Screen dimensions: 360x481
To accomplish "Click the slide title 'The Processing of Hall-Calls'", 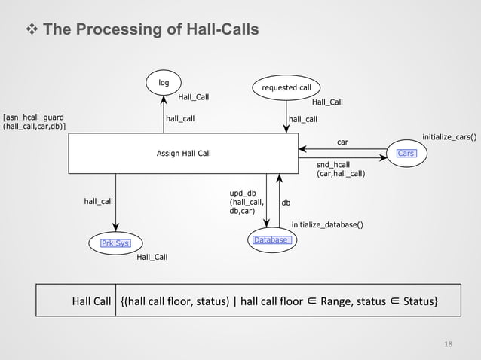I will click(x=151, y=29).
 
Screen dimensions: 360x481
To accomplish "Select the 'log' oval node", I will click(x=164, y=82).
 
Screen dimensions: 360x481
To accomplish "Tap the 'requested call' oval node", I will click(x=286, y=88).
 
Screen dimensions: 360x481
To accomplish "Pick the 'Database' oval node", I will click(x=270, y=239).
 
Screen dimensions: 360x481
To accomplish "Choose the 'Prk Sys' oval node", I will click(x=115, y=243).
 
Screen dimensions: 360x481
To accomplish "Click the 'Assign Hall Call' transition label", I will click(x=183, y=154).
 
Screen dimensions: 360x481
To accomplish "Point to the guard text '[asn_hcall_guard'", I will click(x=34, y=117).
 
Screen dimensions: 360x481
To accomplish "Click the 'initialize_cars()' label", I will click(x=449, y=137).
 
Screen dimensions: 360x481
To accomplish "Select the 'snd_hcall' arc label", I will click(x=333, y=164).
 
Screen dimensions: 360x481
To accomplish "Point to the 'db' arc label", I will click(x=286, y=203).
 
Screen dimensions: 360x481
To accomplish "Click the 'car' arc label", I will click(x=342, y=141).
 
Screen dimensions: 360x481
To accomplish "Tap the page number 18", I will click(x=449, y=344).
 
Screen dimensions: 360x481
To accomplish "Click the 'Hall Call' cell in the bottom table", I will click(x=91, y=302).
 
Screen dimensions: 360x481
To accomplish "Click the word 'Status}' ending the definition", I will click(x=419, y=302).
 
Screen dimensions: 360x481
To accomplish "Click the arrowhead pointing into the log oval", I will click(x=164, y=98).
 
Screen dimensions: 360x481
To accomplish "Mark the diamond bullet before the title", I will click(x=32, y=29).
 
